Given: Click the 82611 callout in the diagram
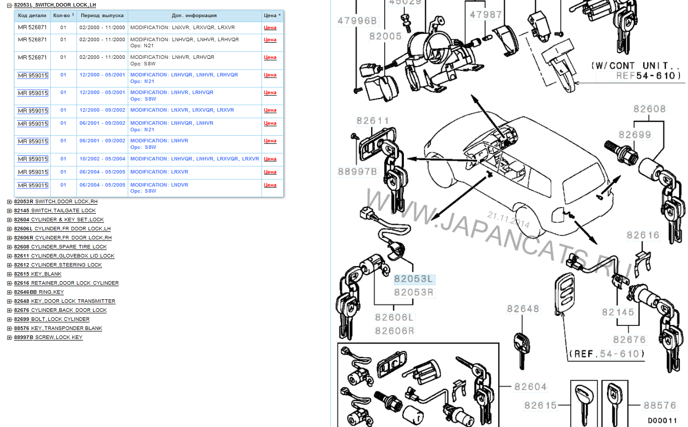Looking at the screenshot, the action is pyautogui.click(x=373, y=121).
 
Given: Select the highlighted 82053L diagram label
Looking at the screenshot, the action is pyautogui.click(x=414, y=279).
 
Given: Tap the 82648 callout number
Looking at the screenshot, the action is pyautogui.click(x=523, y=309).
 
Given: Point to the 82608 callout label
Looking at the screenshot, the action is pyautogui.click(x=650, y=109).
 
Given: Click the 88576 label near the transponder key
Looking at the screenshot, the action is pyautogui.click(x=660, y=405).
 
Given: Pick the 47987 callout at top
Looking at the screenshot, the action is pyautogui.click(x=486, y=15).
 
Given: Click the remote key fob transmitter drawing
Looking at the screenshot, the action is pyautogui.click(x=564, y=293).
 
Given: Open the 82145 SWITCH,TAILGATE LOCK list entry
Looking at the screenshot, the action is pyautogui.click(x=55, y=211).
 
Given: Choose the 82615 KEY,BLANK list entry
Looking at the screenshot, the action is pyautogui.click(x=38, y=274).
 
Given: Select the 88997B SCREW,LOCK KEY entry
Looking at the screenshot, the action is pyautogui.click(x=48, y=337).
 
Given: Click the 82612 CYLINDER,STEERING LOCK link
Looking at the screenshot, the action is pyautogui.click(x=58, y=265).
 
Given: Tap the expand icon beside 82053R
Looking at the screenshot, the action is pyautogui.click(x=9, y=202).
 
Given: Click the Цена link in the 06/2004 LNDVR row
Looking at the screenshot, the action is pyautogui.click(x=270, y=185).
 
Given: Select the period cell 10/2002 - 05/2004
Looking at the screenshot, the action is pyautogui.click(x=102, y=159).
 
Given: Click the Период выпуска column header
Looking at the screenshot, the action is pyautogui.click(x=102, y=16).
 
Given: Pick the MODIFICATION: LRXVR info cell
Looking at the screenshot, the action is pyautogui.click(x=159, y=172).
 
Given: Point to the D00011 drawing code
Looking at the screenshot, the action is pyautogui.click(x=662, y=420).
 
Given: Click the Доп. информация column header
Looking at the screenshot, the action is pyautogui.click(x=194, y=16).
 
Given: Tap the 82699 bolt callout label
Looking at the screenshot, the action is pyautogui.click(x=635, y=135).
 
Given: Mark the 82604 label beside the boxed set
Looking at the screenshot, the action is pyautogui.click(x=531, y=387).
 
